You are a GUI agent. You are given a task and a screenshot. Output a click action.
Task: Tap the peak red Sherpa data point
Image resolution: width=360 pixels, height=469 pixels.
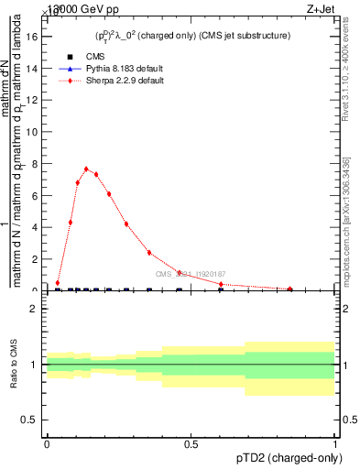point(86,169)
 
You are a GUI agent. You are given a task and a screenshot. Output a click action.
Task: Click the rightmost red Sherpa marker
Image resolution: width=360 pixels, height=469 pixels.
point(290,289)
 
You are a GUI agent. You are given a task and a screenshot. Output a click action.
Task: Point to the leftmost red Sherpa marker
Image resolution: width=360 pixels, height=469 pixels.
point(58,283)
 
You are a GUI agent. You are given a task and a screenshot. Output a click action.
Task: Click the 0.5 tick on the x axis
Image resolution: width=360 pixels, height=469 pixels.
point(191,443)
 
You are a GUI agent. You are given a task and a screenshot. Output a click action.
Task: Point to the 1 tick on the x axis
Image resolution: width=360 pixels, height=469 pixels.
point(335,443)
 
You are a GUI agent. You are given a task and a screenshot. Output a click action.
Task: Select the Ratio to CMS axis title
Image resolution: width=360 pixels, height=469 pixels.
point(14,365)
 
